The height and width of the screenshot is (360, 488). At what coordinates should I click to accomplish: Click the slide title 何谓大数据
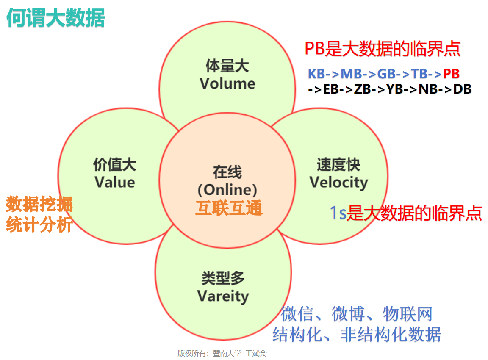click(x=55, y=19)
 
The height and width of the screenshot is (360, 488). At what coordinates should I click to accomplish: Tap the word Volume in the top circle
click(x=227, y=83)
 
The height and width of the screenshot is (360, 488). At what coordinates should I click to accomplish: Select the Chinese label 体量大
click(x=227, y=66)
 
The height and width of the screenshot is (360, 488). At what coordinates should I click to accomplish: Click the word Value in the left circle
click(x=115, y=182)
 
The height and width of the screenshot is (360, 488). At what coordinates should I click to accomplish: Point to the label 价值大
click(x=115, y=164)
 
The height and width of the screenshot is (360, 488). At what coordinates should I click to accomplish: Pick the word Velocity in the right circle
click(x=338, y=182)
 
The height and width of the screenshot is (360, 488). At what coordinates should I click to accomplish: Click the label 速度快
click(x=338, y=165)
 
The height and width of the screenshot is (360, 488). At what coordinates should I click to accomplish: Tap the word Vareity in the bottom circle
click(x=223, y=296)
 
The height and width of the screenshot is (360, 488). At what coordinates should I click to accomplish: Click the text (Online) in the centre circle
click(x=227, y=189)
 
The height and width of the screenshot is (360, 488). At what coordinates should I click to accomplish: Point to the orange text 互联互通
click(x=229, y=208)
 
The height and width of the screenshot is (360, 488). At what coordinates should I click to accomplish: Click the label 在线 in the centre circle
click(x=227, y=172)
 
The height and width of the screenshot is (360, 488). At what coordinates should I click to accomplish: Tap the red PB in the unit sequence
click(x=451, y=74)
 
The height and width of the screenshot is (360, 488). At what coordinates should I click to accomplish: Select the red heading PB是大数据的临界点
click(x=383, y=49)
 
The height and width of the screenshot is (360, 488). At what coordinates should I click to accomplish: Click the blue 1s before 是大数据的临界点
click(x=338, y=213)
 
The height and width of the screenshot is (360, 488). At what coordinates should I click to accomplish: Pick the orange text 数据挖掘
click(x=39, y=205)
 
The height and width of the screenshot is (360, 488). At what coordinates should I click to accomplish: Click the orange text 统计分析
click(x=39, y=225)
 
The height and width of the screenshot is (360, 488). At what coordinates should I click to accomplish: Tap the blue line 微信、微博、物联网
click(x=356, y=314)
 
